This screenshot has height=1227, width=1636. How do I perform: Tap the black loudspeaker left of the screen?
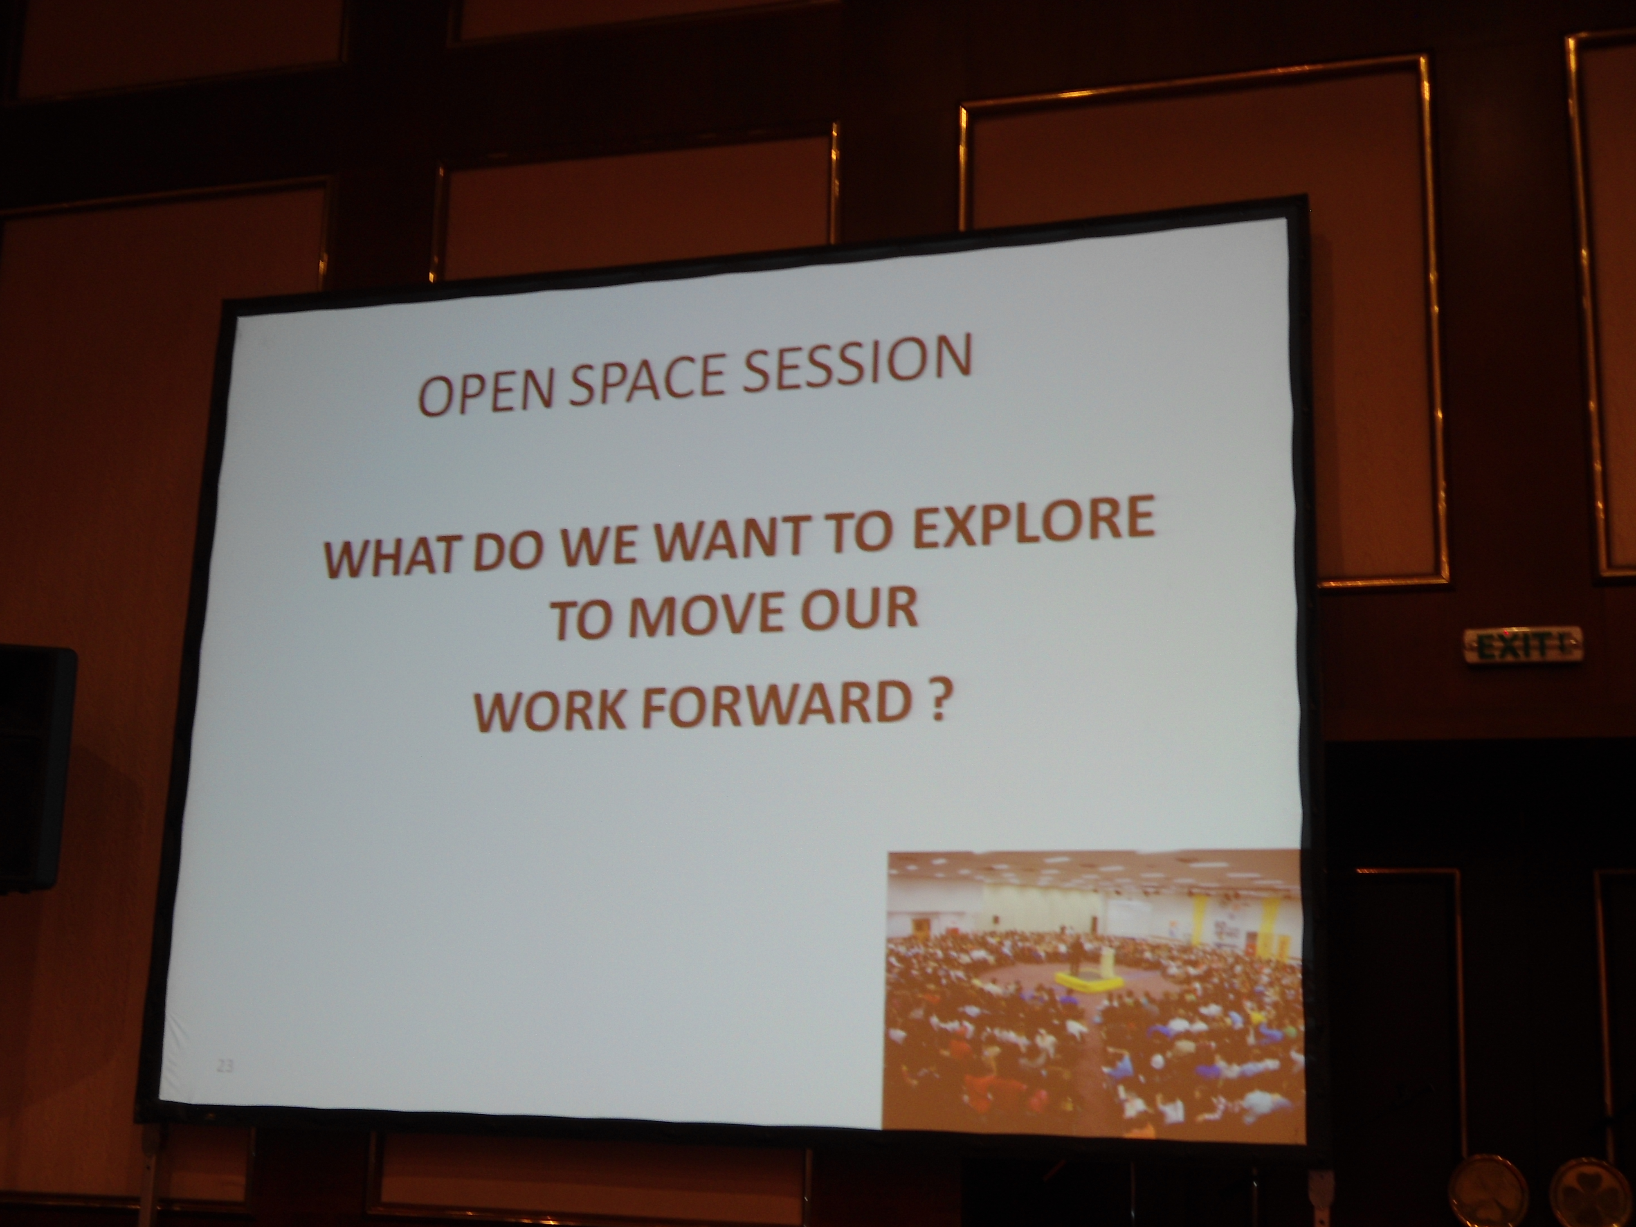click(x=36, y=770)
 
